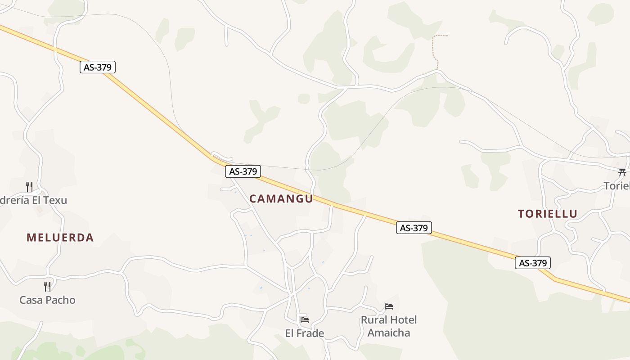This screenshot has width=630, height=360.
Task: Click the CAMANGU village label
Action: [281, 198]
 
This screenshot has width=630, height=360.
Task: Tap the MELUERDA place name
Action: [60, 238]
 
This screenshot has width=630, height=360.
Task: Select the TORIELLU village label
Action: [547, 214]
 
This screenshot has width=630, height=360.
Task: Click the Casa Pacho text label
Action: [47, 300]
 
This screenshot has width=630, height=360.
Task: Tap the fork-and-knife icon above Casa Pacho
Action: [47, 286]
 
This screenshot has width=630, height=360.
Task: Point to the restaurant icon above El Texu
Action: [29, 186]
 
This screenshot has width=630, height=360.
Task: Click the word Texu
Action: [54, 200]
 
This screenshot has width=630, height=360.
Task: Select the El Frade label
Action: [304, 333]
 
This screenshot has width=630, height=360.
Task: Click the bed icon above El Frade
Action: [305, 320]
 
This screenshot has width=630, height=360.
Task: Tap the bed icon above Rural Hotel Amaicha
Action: [389, 306]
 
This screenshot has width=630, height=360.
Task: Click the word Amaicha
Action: [389, 333]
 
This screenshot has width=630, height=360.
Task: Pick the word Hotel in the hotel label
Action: [401, 320]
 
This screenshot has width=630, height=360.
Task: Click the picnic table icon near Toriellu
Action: [622, 172]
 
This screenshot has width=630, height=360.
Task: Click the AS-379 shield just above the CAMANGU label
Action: [243, 171]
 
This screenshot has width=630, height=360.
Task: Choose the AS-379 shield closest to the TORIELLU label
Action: [533, 263]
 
